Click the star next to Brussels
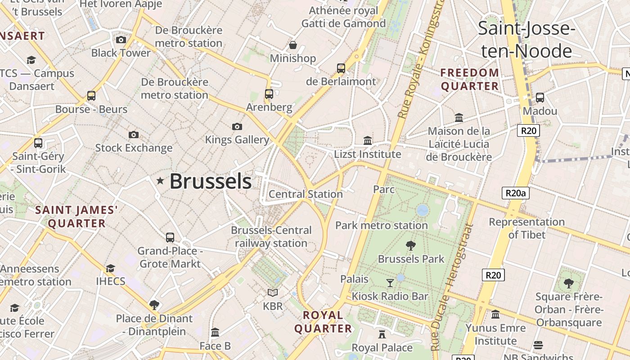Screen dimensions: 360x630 click(160, 180)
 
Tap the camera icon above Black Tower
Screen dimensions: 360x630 click(121, 40)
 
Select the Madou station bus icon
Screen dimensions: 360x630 click(540, 97)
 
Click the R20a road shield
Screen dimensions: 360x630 click(515, 193)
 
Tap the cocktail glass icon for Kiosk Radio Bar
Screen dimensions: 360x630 click(390, 283)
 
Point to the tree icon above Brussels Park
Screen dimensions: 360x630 click(410, 245)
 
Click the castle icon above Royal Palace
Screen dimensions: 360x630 click(382, 334)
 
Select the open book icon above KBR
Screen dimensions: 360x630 click(273, 292)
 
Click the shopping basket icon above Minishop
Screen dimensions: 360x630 click(293, 45)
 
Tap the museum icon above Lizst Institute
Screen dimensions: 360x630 click(368, 140)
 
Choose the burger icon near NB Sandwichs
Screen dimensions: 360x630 click(538, 345)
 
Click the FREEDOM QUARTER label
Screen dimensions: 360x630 click(470, 79)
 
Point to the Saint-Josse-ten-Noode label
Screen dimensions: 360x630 click(526, 40)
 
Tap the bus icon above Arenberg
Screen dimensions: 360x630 click(269, 94)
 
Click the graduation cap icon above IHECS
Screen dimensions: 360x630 click(110, 268)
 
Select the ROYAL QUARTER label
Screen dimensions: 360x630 click(323, 322)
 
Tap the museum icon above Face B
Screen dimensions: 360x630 click(215, 332)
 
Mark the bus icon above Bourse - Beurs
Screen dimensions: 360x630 click(91, 95)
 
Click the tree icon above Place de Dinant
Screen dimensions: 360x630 click(154, 305)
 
